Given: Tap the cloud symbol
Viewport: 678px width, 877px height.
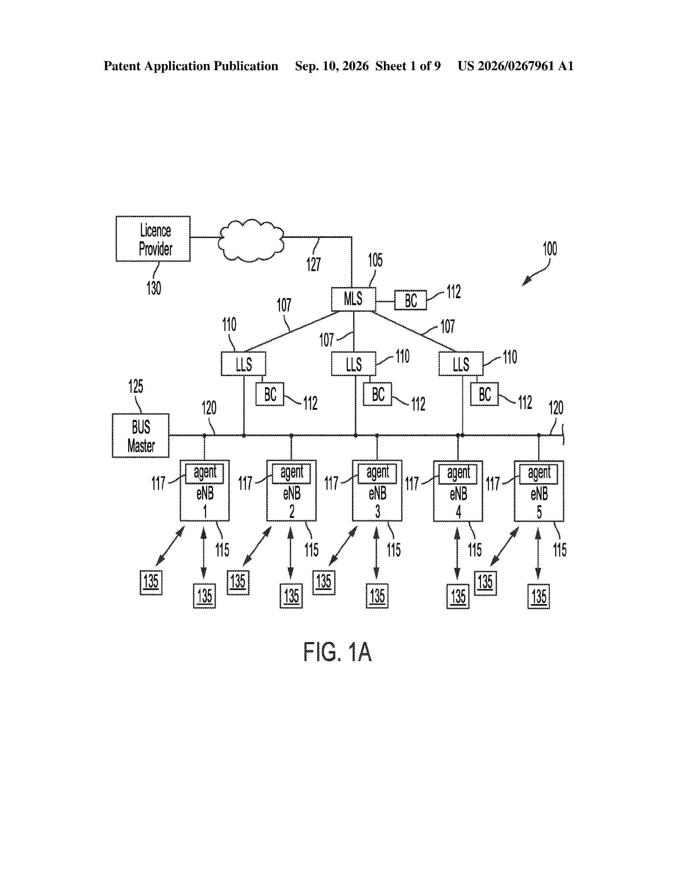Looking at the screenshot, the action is pyautogui.click(x=252, y=241).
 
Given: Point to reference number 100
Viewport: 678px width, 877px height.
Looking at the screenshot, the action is pyautogui.click(x=550, y=249).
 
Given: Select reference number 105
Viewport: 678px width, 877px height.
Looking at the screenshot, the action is pyautogui.click(x=375, y=260).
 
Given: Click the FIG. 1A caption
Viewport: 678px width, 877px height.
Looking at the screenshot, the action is pyautogui.click(x=337, y=651).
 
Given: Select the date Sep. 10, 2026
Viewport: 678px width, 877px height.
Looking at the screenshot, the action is pyautogui.click(x=332, y=66).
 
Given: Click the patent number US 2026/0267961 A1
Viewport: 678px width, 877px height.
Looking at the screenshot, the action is pyautogui.click(x=516, y=66).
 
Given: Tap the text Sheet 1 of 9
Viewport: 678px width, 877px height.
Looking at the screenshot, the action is pyautogui.click(x=408, y=66).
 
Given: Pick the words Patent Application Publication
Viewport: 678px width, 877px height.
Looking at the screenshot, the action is pyautogui.click(x=191, y=66).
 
